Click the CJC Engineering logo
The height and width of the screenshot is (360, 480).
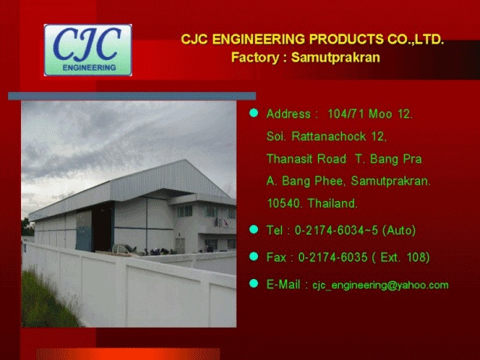point(88,50)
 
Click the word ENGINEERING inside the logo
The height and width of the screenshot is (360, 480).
point(89,68)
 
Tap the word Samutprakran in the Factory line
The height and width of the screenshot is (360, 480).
point(336,57)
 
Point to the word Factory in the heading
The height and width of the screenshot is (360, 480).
point(255,58)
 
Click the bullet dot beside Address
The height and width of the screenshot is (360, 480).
point(254,113)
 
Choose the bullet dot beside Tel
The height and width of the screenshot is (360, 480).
point(254,229)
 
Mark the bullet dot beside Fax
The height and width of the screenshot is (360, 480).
point(254,256)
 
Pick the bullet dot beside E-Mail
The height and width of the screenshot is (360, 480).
point(254,284)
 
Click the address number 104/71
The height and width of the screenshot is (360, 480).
point(346,114)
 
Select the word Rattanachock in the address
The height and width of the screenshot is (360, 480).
point(329,136)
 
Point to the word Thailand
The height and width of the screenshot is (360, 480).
point(333,203)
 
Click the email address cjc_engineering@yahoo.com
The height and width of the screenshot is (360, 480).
point(380,285)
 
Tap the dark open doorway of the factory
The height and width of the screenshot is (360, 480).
point(103,228)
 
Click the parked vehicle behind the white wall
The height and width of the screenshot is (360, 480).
point(122,249)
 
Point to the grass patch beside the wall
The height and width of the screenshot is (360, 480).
point(46,300)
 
